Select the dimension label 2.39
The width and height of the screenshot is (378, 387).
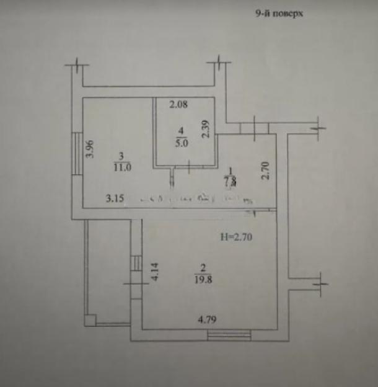point(206,128)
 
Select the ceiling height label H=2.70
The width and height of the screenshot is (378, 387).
point(237,237)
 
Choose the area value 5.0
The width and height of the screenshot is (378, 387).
point(182,141)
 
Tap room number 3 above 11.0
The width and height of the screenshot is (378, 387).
point(122,157)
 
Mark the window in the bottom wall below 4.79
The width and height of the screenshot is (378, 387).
point(229,336)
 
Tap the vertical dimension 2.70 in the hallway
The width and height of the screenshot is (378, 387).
point(265,170)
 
